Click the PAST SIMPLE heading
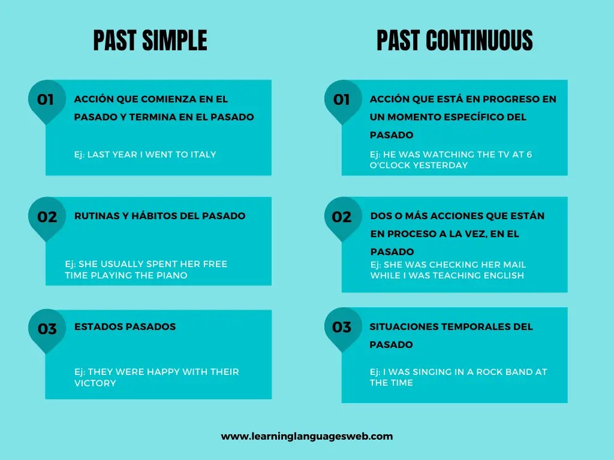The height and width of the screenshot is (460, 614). (150, 41)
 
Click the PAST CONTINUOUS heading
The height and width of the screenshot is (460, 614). (455, 41)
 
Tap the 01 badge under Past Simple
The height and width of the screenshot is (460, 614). (46, 99)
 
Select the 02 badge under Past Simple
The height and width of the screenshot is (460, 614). (47, 217)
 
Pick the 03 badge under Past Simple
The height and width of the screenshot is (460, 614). (47, 328)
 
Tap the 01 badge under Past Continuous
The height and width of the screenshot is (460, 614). (342, 99)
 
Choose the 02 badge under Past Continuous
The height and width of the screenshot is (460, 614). (342, 217)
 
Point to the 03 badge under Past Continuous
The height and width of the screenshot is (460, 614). (342, 327)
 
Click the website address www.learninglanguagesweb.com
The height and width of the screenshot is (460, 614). (307, 436)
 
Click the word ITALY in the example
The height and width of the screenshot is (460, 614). (203, 155)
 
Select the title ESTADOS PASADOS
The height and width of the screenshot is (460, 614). (125, 326)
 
